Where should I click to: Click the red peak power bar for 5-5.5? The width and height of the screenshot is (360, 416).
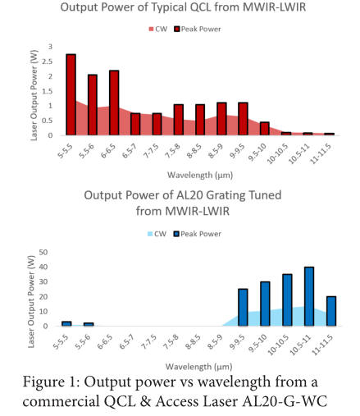pos(71,94)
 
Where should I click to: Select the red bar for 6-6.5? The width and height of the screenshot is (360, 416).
pos(114,103)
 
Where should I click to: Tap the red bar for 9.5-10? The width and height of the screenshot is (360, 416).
pos(264,129)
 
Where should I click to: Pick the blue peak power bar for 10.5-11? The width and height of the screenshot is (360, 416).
pos(309,296)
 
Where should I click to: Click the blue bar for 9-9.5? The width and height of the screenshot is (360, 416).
pos(243,307)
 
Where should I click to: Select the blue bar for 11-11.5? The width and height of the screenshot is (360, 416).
pos(331,311)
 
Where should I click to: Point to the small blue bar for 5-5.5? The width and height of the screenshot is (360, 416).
pos(66,323)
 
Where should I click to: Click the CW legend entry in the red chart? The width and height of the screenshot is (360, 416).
pos(157,29)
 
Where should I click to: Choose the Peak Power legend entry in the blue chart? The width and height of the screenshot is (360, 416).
pos(198,234)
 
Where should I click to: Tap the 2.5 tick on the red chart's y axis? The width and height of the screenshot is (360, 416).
pos(47,62)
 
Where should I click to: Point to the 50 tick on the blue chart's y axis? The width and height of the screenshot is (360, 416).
pos(43,252)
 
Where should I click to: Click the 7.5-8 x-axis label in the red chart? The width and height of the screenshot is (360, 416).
pos(173,151)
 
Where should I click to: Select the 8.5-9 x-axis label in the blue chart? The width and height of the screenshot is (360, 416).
pos(215,342)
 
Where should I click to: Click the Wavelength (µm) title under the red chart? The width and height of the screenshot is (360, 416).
pos(200,175)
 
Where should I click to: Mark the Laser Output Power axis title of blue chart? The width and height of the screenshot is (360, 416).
pos(31,302)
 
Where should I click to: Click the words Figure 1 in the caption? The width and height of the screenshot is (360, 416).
pos(51,382)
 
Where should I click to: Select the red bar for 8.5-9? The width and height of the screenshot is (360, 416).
pos(221,119)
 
